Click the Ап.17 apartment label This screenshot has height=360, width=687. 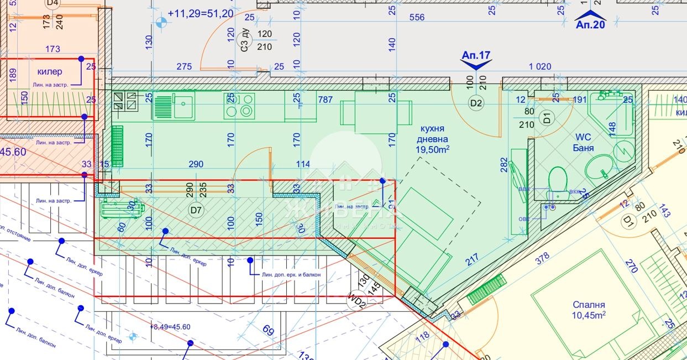(x=476, y=55)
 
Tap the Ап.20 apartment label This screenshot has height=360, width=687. (x=591, y=24)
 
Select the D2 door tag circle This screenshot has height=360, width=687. (x=475, y=102)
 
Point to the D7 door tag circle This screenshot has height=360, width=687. (x=196, y=210)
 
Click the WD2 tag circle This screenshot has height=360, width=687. (x=356, y=302)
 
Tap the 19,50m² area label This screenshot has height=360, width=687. (x=433, y=149)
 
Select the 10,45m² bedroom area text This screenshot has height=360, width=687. (x=589, y=315)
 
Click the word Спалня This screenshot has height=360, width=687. (x=589, y=305)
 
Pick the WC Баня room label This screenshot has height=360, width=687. (x=584, y=143)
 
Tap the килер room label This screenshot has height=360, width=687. (x=50, y=71)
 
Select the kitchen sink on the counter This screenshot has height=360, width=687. (x=174, y=106)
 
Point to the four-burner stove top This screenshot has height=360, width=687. (x=239, y=106)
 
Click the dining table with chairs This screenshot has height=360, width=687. (x=376, y=113)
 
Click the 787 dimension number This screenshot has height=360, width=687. (x=326, y=100)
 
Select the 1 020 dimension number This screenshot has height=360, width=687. (x=539, y=66)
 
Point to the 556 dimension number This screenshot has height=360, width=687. (x=417, y=17)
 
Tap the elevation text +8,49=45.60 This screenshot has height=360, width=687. (x=170, y=327)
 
